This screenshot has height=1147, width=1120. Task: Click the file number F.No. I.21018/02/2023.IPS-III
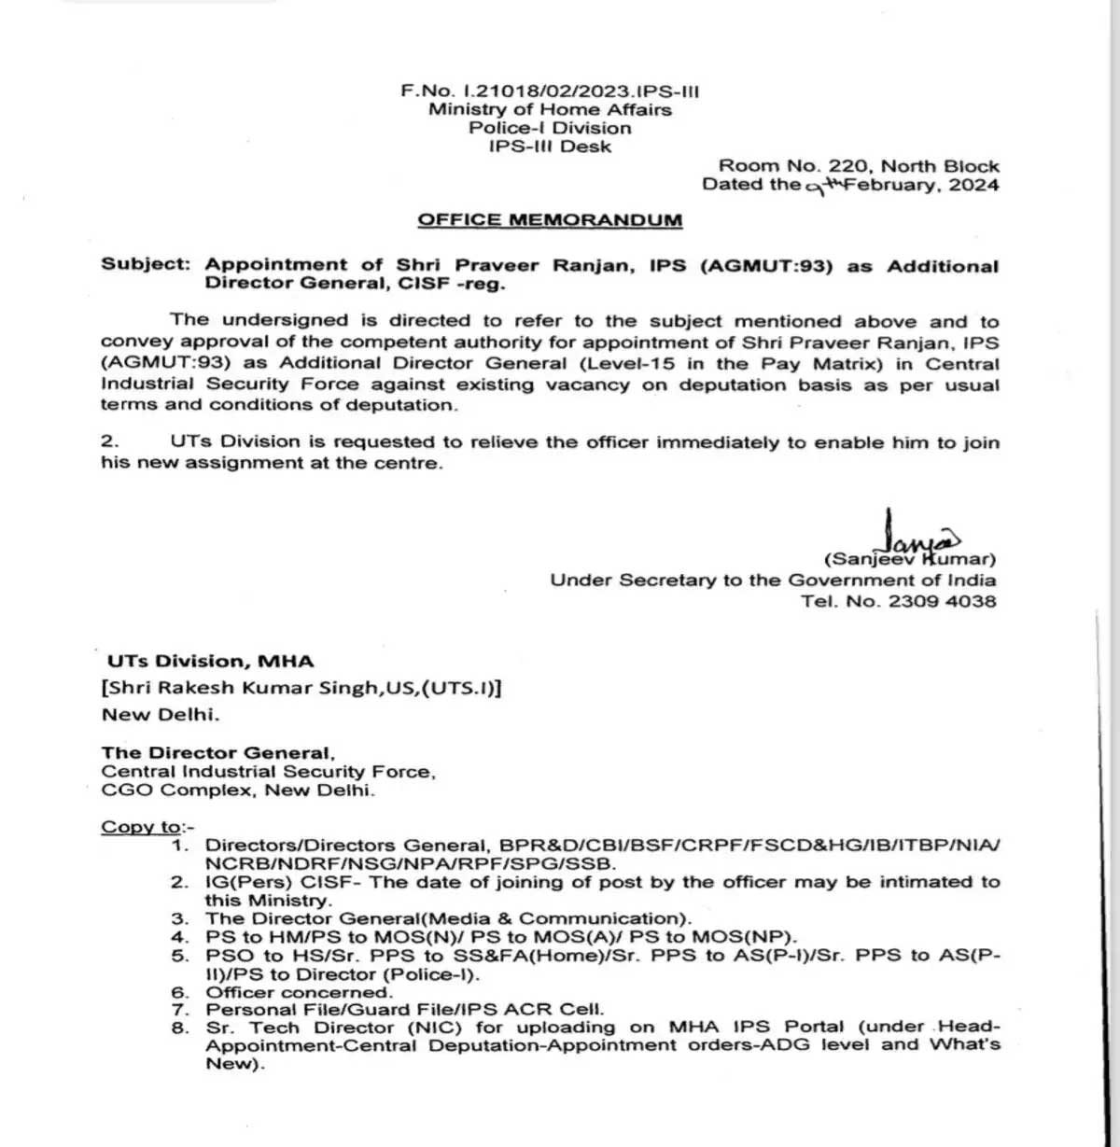coord(550,91)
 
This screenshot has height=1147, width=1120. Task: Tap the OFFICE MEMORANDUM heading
coord(550,220)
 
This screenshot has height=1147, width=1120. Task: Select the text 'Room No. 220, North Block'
coord(859,166)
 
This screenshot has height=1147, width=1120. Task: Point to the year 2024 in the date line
coord(974,185)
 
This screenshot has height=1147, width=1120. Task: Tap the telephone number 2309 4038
coord(943,601)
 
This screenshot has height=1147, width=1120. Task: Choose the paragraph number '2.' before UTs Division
coord(109,442)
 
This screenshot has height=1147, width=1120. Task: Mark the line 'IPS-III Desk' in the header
coord(550,147)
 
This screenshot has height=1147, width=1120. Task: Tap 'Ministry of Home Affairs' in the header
coord(550,110)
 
